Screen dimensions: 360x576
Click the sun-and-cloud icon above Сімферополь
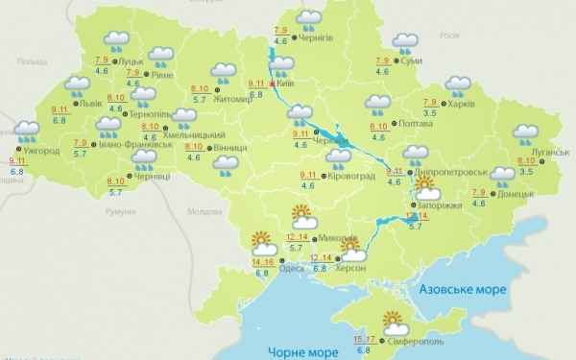point(392,322)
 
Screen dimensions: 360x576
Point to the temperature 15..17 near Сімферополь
point(364,339)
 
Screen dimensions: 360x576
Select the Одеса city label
point(292,268)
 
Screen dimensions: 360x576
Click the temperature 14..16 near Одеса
point(262,260)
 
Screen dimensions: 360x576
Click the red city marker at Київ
point(275,84)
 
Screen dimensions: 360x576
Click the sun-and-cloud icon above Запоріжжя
point(426,185)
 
